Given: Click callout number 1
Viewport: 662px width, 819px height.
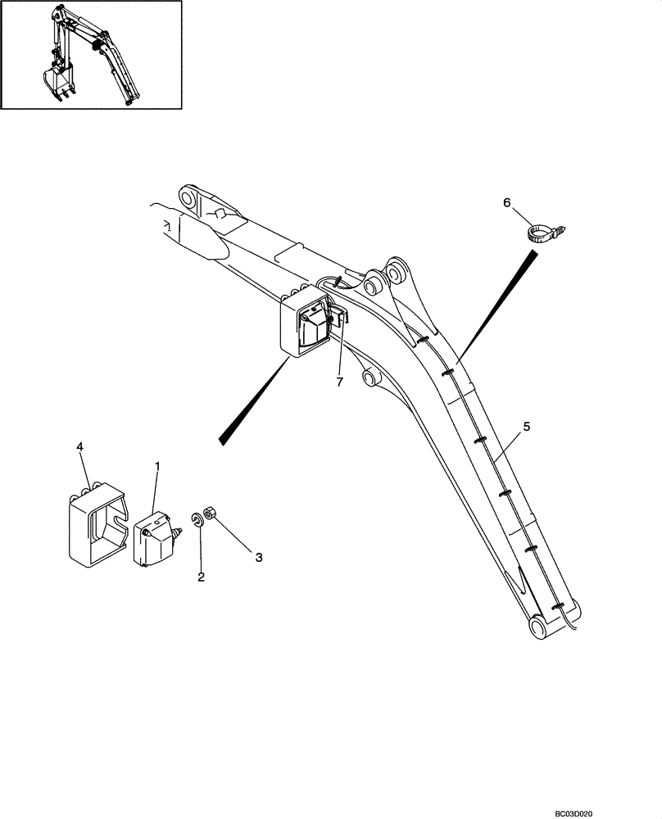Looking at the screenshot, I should tap(157, 466).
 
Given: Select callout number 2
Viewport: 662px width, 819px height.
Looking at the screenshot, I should tap(201, 577).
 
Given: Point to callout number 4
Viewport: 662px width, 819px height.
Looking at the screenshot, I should tap(79, 446).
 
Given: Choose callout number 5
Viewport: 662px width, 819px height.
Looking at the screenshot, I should tap(527, 426).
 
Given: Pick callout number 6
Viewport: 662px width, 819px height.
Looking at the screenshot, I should tap(506, 202).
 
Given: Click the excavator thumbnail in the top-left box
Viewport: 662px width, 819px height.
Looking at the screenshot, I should tap(90, 55).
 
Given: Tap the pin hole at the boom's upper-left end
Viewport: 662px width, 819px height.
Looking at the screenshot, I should tap(186, 199).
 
